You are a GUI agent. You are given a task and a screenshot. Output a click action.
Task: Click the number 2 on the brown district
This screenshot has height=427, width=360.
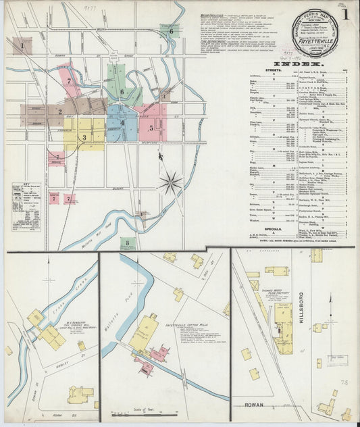pos(59,112)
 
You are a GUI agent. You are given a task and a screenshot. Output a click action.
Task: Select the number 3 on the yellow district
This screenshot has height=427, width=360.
pos(84,137)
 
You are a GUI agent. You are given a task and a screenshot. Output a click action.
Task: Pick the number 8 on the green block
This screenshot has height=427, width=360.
pos(126,241)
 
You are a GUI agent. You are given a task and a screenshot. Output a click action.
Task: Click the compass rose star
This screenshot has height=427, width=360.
pos(170,182)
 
